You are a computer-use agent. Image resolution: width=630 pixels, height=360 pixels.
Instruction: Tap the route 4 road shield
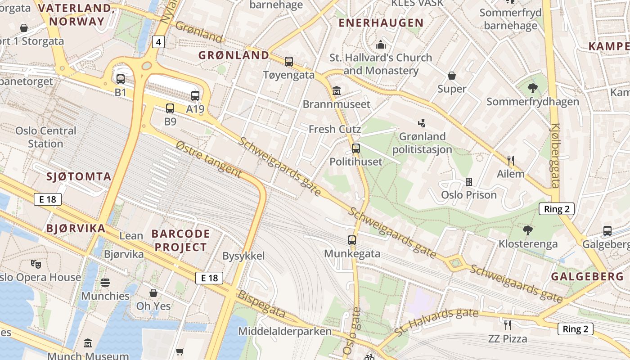pyautogui.click(x=158, y=42)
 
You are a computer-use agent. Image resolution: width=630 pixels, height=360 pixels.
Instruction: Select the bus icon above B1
pyautogui.click(x=121, y=79)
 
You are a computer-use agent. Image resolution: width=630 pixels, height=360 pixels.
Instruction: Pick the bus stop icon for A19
pyautogui.click(x=195, y=95)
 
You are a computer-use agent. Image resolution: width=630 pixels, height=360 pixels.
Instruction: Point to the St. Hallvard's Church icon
pyautogui.click(x=381, y=45)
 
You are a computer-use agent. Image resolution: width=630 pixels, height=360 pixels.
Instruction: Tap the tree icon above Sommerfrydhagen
pyautogui.click(x=533, y=88)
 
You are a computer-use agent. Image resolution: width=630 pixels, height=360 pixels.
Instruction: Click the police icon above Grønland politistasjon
pyautogui.click(x=422, y=123)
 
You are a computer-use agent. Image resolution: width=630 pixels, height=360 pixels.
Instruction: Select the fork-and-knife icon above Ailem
pyautogui.click(x=511, y=160)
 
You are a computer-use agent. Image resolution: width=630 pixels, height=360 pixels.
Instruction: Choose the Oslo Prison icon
pyautogui.click(x=469, y=182)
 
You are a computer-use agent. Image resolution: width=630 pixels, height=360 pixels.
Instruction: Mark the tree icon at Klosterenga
pyautogui.click(x=528, y=230)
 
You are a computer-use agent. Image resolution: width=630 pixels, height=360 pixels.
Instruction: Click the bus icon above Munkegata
pyautogui.click(x=352, y=240)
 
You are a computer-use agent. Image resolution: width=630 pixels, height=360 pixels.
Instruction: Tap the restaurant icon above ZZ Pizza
pyautogui.click(x=508, y=325)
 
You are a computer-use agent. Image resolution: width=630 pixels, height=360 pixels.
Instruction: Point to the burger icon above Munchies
pyautogui.click(x=105, y=283)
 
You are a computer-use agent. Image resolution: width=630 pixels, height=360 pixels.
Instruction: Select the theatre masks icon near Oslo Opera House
pyautogui.click(x=36, y=264)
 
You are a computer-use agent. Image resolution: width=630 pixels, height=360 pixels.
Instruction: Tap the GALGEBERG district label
pyautogui.click(x=587, y=276)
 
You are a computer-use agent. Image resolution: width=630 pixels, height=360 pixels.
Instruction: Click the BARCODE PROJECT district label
pyautogui.click(x=180, y=240)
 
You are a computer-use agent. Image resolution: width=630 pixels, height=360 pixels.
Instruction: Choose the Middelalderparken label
pyautogui.click(x=285, y=332)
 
